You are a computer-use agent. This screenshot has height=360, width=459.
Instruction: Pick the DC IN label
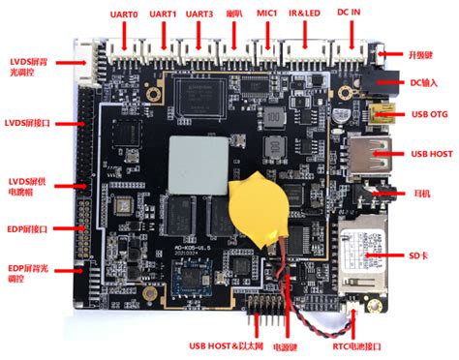pyautogui.click(x=350, y=15)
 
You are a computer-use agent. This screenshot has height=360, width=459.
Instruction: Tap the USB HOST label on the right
pyautogui.click(x=433, y=152)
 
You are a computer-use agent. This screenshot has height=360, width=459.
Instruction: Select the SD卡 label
pyautogui.click(x=419, y=255)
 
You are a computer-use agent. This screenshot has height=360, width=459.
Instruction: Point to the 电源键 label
pyautogui.click(x=284, y=346)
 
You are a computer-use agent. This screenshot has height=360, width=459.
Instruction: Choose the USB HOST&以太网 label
pyautogui.click(x=214, y=346)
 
